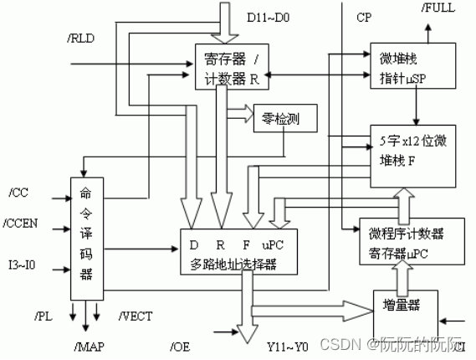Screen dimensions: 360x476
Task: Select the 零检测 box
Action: (x=276, y=119)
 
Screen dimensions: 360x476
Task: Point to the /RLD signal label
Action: (x=80, y=37)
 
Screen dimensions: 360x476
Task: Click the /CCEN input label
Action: (x=23, y=224)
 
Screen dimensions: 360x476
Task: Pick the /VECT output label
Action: (x=134, y=316)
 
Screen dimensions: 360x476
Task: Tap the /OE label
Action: (x=180, y=347)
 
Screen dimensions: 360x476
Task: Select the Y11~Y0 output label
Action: (x=286, y=347)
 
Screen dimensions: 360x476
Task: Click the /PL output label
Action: (x=44, y=316)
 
